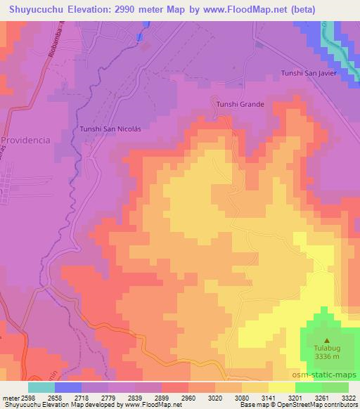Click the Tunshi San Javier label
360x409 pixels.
click(x=309, y=73)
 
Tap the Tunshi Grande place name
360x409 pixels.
click(x=240, y=105)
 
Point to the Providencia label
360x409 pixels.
click(x=25, y=140)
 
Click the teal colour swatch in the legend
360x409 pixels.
click(x=41, y=387)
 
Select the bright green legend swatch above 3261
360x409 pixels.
click(x=309, y=387)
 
